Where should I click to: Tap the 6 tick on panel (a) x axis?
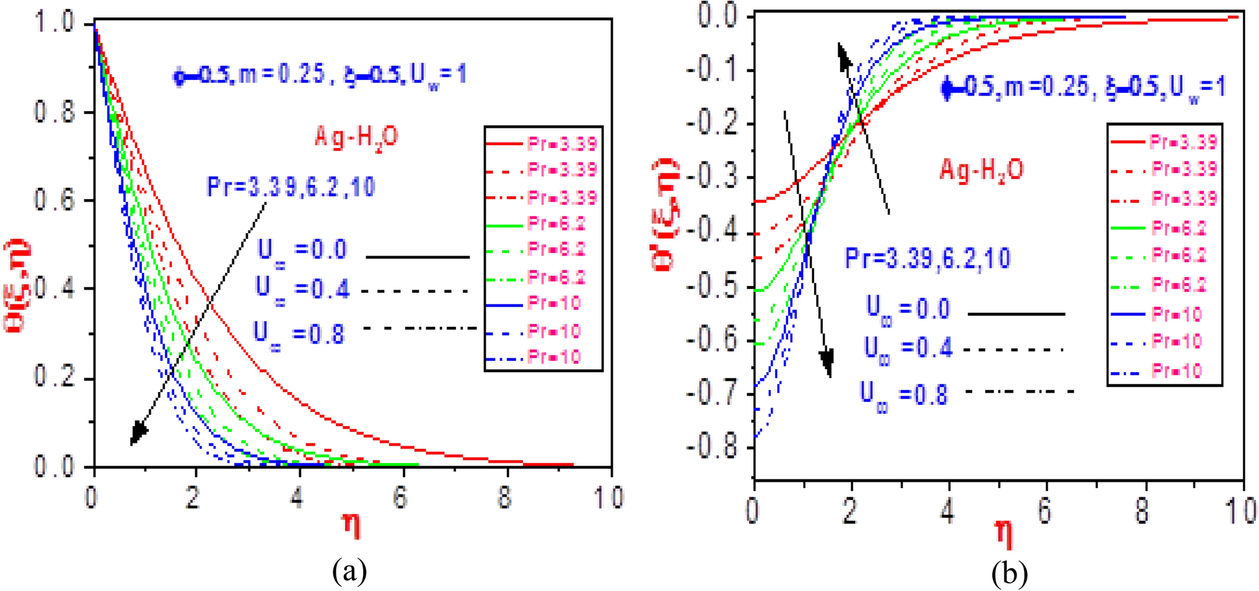(401, 498)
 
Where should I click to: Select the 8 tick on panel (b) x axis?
(1143, 511)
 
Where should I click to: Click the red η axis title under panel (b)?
(1004, 535)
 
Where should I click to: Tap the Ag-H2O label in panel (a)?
(356, 137)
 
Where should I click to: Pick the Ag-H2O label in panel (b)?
(981, 169)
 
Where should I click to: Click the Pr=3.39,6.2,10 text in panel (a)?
(291, 187)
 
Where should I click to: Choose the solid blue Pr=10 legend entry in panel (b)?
(1156, 314)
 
